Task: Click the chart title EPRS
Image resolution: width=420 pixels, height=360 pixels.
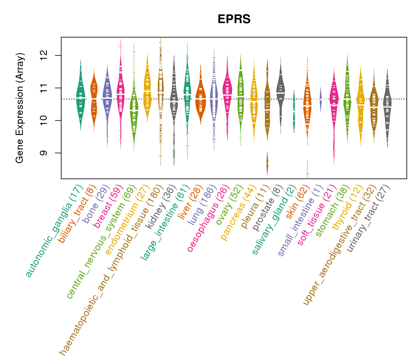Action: [234, 19]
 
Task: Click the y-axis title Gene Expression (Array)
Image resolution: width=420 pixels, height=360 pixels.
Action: [20, 108]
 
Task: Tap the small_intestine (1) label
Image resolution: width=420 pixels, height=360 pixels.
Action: [300, 220]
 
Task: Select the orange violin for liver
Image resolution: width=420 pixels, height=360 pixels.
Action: [200, 99]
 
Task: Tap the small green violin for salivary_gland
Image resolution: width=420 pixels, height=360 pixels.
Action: [294, 111]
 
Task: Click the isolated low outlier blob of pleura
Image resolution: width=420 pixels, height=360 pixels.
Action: [267, 163]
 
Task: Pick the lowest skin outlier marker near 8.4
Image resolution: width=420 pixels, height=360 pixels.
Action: [307, 173]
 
